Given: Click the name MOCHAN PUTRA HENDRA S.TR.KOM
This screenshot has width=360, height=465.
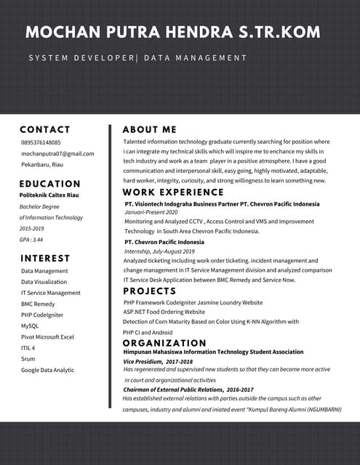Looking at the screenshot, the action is [x=172, y=32].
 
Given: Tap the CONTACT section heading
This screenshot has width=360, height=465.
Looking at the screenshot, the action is [x=45, y=129].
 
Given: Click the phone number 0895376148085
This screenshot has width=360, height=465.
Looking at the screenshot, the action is [x=41, y=142].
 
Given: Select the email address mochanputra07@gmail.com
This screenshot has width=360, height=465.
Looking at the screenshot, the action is [x=57, y=153].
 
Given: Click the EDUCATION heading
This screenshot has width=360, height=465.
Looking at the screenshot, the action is [x=50, y=184].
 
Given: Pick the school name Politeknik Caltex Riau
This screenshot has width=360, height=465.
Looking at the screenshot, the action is [x=49, y=195].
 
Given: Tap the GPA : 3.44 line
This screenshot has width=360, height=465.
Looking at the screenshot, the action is [x=31, y=239].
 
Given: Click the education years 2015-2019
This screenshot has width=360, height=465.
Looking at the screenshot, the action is [x=32, y=228].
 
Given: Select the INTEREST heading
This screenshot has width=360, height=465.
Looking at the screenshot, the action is [x=45, y=258].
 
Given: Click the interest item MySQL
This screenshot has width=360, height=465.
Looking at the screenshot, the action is [x=30, y=325].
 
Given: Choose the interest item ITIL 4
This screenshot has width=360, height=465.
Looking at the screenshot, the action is [x=28, y=348].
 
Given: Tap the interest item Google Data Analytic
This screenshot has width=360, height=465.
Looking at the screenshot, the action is [x=47, y=370].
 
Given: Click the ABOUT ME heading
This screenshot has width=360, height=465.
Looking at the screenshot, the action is [x=150, y=129].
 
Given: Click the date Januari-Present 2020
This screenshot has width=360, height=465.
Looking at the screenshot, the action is [x=151, y=212].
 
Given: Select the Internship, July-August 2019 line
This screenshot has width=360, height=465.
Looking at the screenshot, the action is [x=159, y=251].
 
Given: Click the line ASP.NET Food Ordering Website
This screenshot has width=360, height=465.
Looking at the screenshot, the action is [x=164, y=311].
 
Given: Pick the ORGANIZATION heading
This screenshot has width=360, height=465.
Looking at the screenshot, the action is [x=164, y=343].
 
